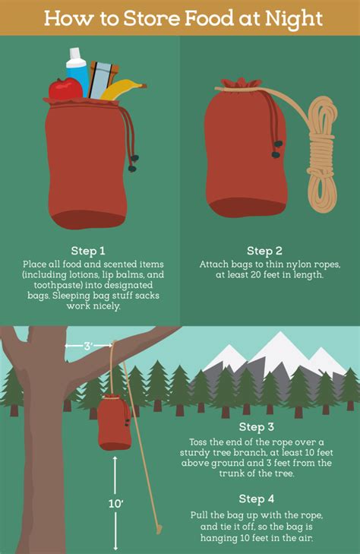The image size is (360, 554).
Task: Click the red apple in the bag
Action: (x=65, y=89)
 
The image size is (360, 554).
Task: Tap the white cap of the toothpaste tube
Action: (x=75, y=53)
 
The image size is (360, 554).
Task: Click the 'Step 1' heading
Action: (x=88, y=251)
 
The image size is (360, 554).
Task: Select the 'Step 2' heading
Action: (x=265, y=251)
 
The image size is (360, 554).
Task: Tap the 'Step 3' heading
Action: (x=257, y=427)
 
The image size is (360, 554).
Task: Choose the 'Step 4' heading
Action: (x=257, y=499)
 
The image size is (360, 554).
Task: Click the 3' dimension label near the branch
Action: (x=88, y=347)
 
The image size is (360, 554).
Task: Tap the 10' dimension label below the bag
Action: (x=115, y=503)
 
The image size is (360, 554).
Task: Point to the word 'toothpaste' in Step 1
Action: (x=58, y=285)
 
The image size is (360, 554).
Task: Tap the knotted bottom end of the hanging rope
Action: (x=159, y=529)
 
